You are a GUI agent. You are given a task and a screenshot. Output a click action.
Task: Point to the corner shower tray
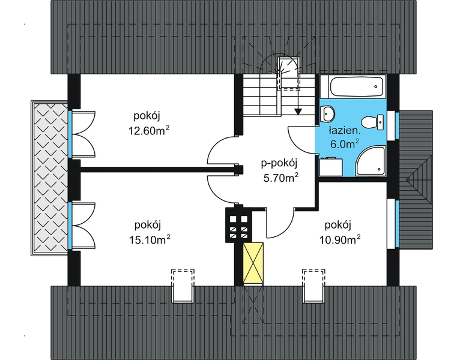pyautogui.click(x=370, y=160)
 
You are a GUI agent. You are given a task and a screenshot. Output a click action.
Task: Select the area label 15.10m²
pyautogui.click(x=151, y=238)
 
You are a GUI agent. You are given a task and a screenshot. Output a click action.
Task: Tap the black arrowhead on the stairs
pyautogui.click(x=298, y=110)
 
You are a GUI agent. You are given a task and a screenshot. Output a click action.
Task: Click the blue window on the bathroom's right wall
pyautogui.click(x=396, y=125)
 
